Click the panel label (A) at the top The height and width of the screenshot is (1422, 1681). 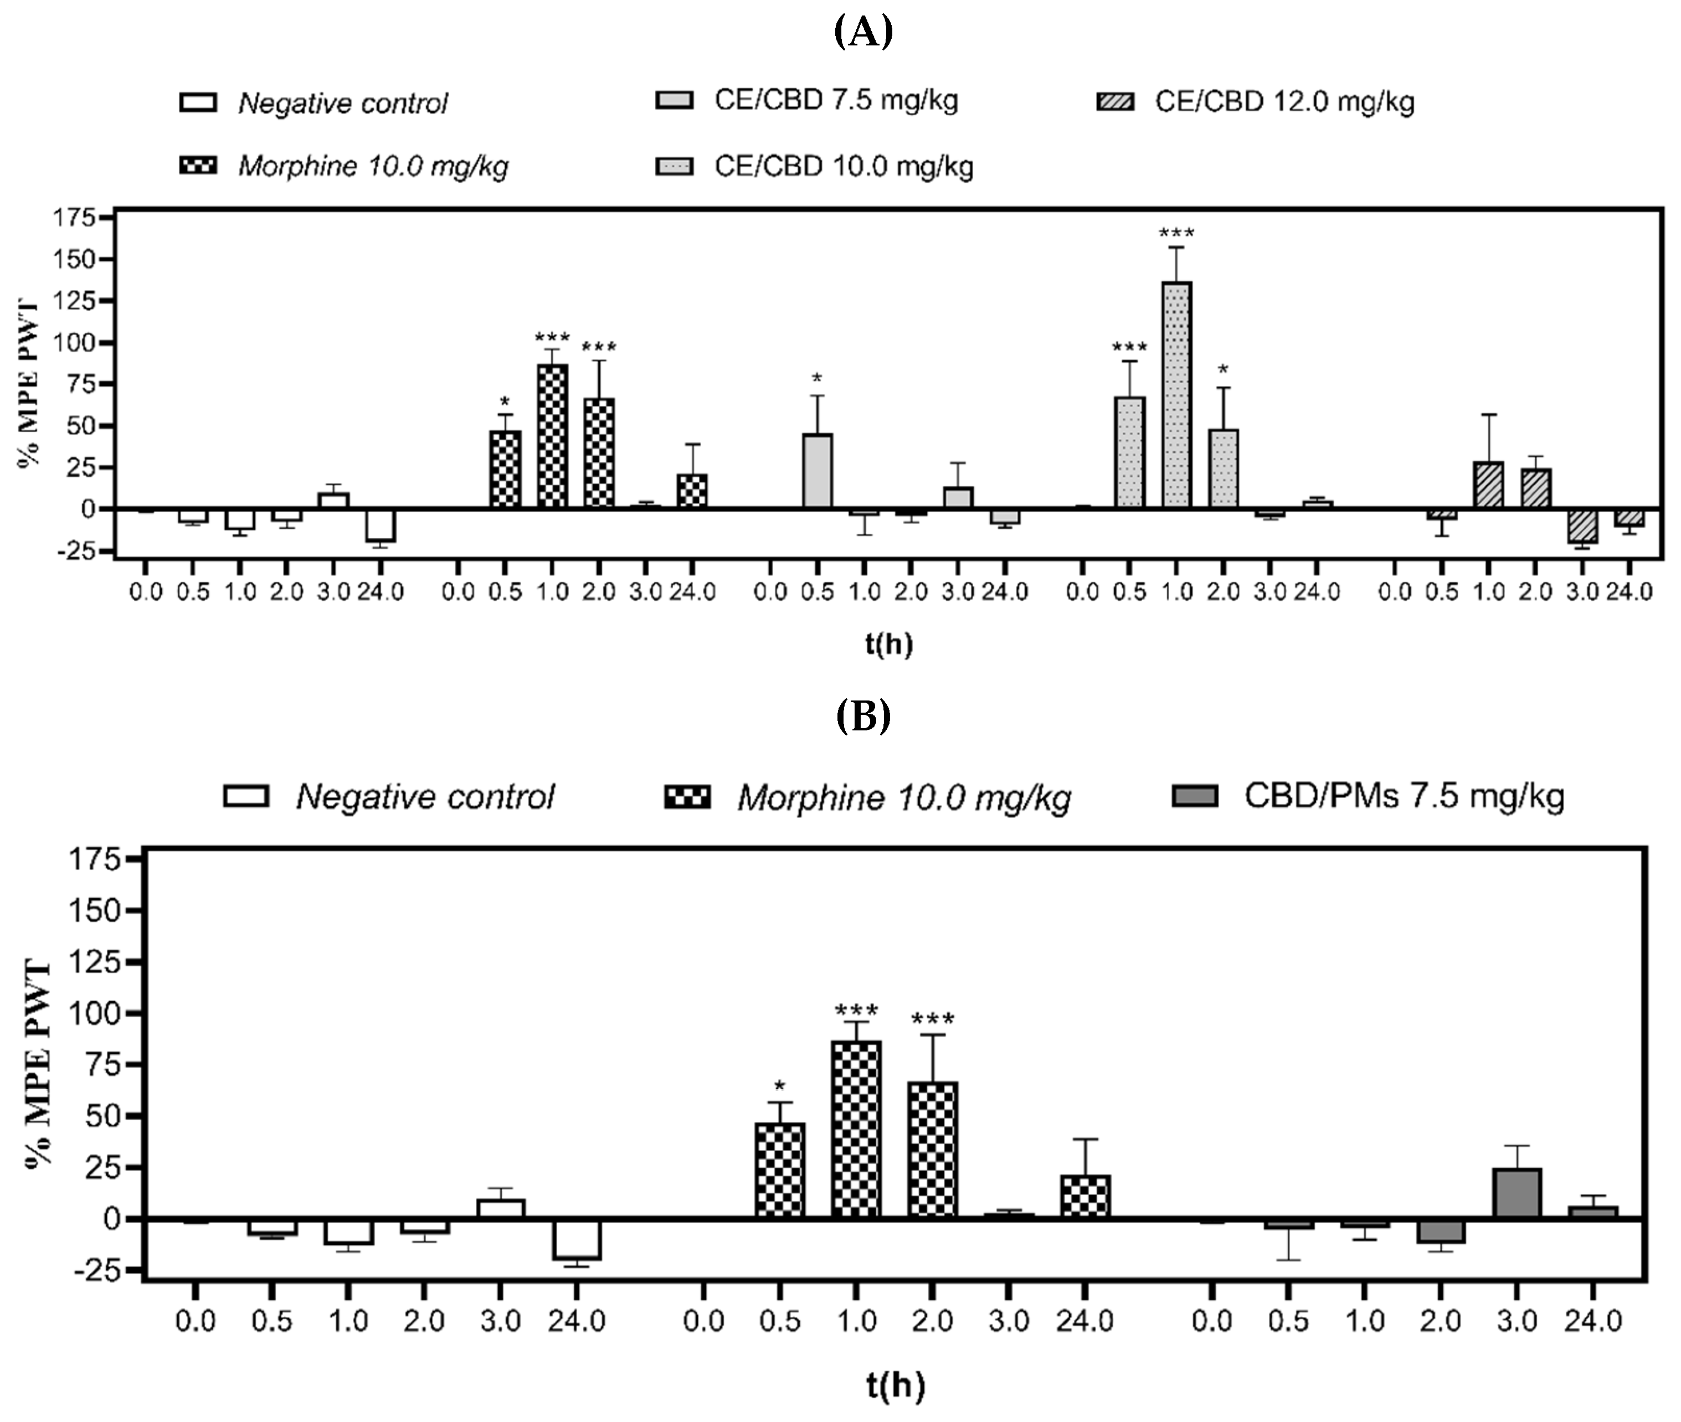point(863,32)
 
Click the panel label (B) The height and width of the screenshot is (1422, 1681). point(863,715)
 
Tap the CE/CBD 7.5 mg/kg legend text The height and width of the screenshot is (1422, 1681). point(835,101)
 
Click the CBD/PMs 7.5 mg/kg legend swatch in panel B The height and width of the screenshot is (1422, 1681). point(1195,796)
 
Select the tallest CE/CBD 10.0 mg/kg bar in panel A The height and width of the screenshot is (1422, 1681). point(1176,395)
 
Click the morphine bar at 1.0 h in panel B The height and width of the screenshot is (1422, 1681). point(856,1129)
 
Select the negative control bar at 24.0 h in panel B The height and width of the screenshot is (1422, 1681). point(577,1239)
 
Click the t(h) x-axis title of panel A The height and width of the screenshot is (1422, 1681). point(888,643)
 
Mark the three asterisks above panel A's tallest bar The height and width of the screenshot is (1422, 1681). point(1176,234)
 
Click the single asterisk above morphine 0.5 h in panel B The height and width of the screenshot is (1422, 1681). point(779,1086)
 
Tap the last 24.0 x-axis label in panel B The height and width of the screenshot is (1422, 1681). point(1592,1321)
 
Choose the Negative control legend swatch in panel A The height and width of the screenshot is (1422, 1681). point(198,102)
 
